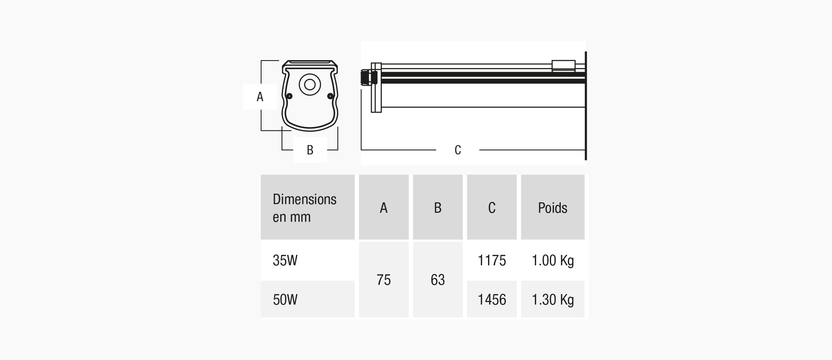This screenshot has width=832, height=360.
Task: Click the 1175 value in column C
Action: pos(492,260)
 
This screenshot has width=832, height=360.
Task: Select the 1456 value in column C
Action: pos(492,300)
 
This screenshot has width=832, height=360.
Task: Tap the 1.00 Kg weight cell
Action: pos(553,261)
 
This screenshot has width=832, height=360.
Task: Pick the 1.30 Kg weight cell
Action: pos(553,300)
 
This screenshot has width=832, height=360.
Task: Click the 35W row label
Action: pos(285,260)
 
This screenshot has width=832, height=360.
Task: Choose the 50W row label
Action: pos(285,300)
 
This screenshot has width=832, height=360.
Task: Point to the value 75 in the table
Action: pos(384,280)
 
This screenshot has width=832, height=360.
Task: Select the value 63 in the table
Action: pos(438,280)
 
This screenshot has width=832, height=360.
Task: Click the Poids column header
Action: pos(553,208)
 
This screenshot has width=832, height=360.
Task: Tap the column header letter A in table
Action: pos(384,208)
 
